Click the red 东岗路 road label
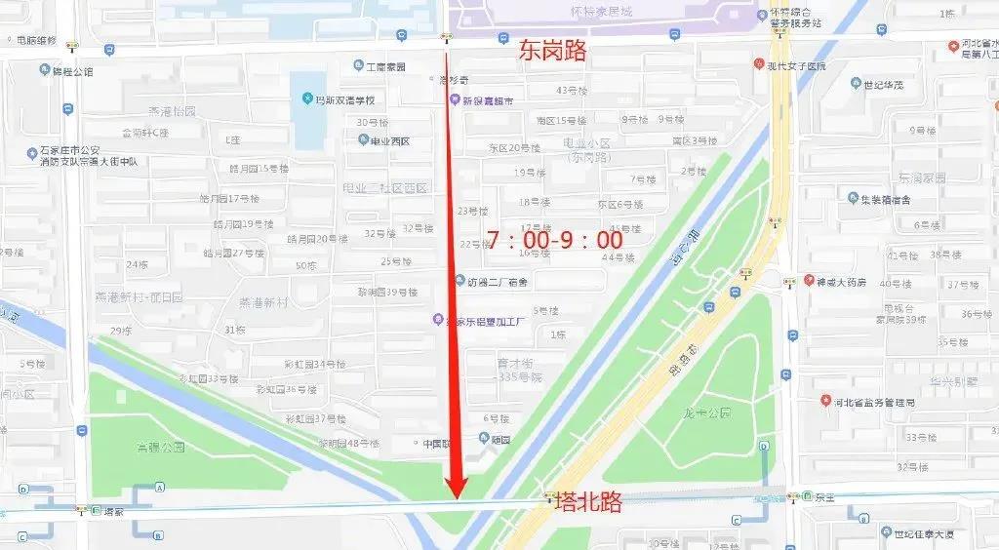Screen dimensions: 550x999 click(552, 51)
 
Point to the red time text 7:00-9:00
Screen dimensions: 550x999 click(553, 240)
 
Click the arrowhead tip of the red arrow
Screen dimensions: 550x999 click(455, 497)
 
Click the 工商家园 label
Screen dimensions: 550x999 click(385, 66)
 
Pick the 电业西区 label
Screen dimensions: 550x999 click(390, 141)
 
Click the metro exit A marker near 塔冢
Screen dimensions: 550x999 click(158, 487)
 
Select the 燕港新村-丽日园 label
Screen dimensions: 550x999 click(139, 295)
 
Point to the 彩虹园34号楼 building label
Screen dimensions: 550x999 click(315, 364)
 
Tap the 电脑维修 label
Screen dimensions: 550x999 click(36, 41)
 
